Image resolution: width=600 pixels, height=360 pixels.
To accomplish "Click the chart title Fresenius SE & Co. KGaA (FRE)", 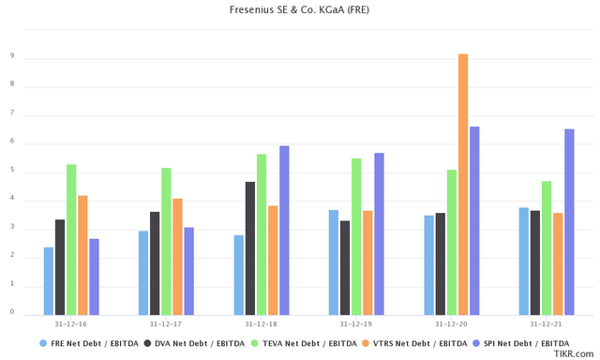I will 300,10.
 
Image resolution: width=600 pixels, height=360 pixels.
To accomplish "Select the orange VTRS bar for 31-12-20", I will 462,184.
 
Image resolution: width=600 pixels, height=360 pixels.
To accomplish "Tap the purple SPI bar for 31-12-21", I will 568,221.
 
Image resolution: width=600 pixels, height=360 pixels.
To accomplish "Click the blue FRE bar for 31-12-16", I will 49,280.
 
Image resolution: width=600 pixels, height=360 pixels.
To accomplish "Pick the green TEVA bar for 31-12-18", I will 262,233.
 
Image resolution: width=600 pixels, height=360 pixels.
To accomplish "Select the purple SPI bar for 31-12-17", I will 188,270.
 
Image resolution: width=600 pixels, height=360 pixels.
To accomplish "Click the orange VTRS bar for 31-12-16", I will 82,254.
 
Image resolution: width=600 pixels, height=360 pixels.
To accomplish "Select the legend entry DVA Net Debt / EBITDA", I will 202,344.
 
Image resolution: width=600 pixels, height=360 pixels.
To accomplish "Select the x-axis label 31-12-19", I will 356,323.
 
